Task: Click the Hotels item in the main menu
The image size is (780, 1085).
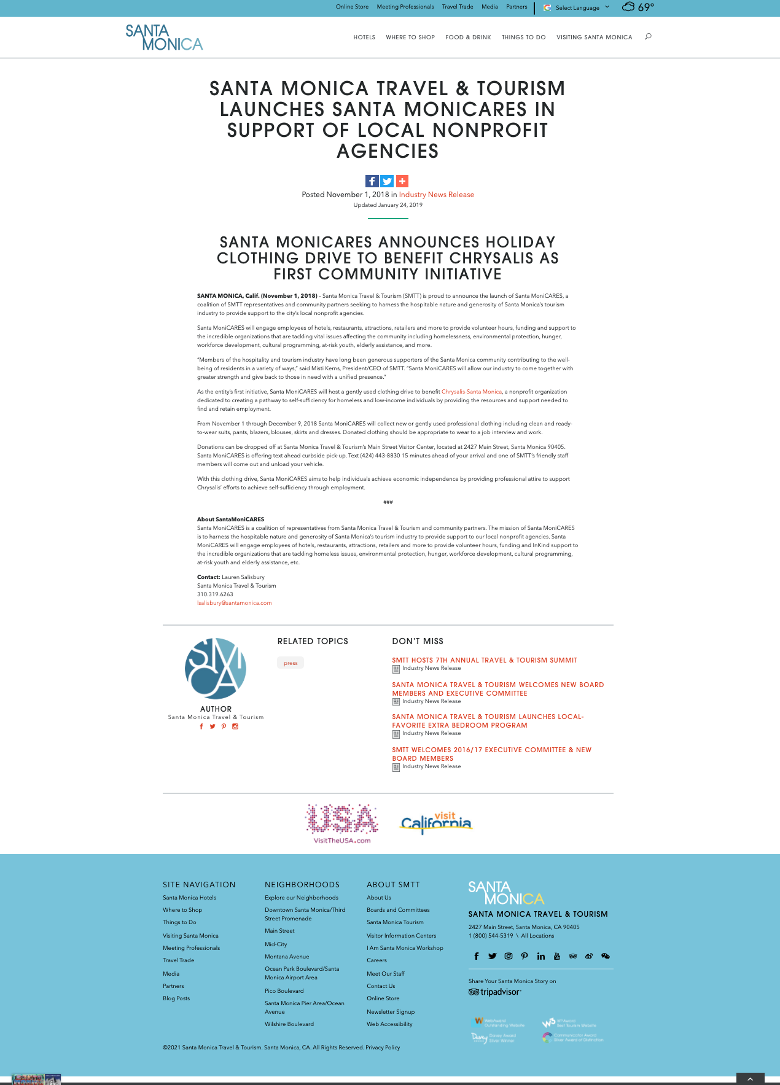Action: point(364,37)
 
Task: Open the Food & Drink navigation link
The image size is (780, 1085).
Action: point(468,37)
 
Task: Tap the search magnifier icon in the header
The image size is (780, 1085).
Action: point(648,37)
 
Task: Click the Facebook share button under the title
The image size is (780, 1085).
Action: point(372,181)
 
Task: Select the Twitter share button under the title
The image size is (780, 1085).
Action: point(387,181)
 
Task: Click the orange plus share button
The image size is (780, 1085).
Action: point(402,181)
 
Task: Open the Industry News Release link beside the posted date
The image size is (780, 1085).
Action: point(436,195)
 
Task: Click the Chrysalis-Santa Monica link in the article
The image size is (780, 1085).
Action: point(472,392)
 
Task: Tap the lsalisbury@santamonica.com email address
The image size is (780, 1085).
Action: point(234,603)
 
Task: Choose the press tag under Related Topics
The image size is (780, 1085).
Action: point(291,663)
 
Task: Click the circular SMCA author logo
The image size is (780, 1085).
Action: point(216,669)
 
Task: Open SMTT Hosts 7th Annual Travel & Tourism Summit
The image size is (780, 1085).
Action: point(485,661)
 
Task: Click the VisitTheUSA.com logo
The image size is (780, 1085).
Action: point(342,823)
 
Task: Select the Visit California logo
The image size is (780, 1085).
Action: point(436,823)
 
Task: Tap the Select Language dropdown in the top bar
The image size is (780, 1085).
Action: point(577,8)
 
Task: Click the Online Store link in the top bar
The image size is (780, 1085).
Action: point(352,7)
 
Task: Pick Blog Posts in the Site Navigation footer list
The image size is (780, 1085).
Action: point(176,998)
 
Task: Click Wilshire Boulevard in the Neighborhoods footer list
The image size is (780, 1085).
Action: point(289,1024)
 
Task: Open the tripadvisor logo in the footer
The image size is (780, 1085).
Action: point(495,992)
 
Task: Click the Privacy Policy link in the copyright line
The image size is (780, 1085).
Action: point(383,1048)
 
